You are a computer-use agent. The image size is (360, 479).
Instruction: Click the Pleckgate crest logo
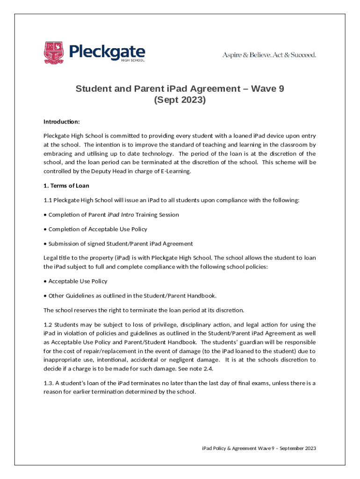[54, 52]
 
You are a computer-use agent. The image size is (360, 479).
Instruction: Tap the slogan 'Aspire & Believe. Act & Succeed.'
[269, 55]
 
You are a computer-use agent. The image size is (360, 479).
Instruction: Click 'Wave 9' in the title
[267, 89]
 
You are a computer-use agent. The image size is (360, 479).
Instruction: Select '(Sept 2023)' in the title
[180, 100]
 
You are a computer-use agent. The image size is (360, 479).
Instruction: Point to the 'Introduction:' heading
[62, 122]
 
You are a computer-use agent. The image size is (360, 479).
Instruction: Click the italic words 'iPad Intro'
[121, 215]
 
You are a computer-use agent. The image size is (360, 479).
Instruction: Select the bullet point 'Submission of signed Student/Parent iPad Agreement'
[121, 244]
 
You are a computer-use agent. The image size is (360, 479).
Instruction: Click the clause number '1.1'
[48, 200]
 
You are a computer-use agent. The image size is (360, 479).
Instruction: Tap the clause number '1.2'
[48, 325]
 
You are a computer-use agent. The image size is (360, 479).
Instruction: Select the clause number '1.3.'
[49, 383]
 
